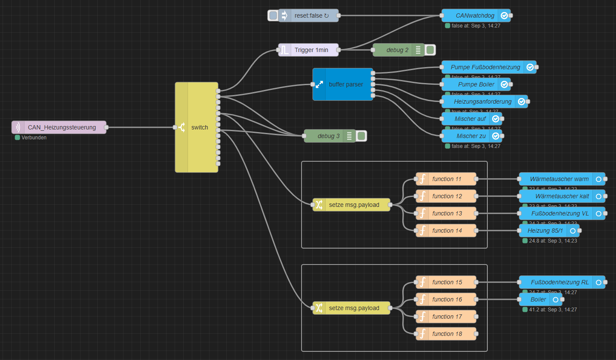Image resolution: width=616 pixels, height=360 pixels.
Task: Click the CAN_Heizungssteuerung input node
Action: point(62,127)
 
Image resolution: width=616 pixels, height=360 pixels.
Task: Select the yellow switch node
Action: point(199,127)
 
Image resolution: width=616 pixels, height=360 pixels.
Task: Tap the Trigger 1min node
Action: point(311,50)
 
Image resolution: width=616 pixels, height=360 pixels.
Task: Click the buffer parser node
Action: point(346,84)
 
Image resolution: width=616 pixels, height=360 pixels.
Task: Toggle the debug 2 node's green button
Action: point(430,50)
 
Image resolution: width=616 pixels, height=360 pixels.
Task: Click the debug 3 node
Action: point(329,136)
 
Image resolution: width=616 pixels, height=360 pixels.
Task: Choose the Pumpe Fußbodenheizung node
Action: point(485,67)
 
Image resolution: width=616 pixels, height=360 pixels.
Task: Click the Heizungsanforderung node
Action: point(483,102)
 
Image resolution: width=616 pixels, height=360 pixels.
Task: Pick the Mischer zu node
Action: point(471,136)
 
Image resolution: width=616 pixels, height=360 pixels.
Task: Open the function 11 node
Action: point(447,179)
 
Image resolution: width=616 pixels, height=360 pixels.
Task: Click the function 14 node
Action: point(447,231)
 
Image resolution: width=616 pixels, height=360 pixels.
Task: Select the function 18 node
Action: point(447,334)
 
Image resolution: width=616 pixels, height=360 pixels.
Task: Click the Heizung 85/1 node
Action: point(545,231)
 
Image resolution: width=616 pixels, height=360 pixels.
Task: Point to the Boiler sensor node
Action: point(538,299)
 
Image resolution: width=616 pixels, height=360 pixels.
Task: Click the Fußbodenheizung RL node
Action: point(560,282)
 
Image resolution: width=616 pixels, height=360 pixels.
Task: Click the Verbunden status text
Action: point(34,138)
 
